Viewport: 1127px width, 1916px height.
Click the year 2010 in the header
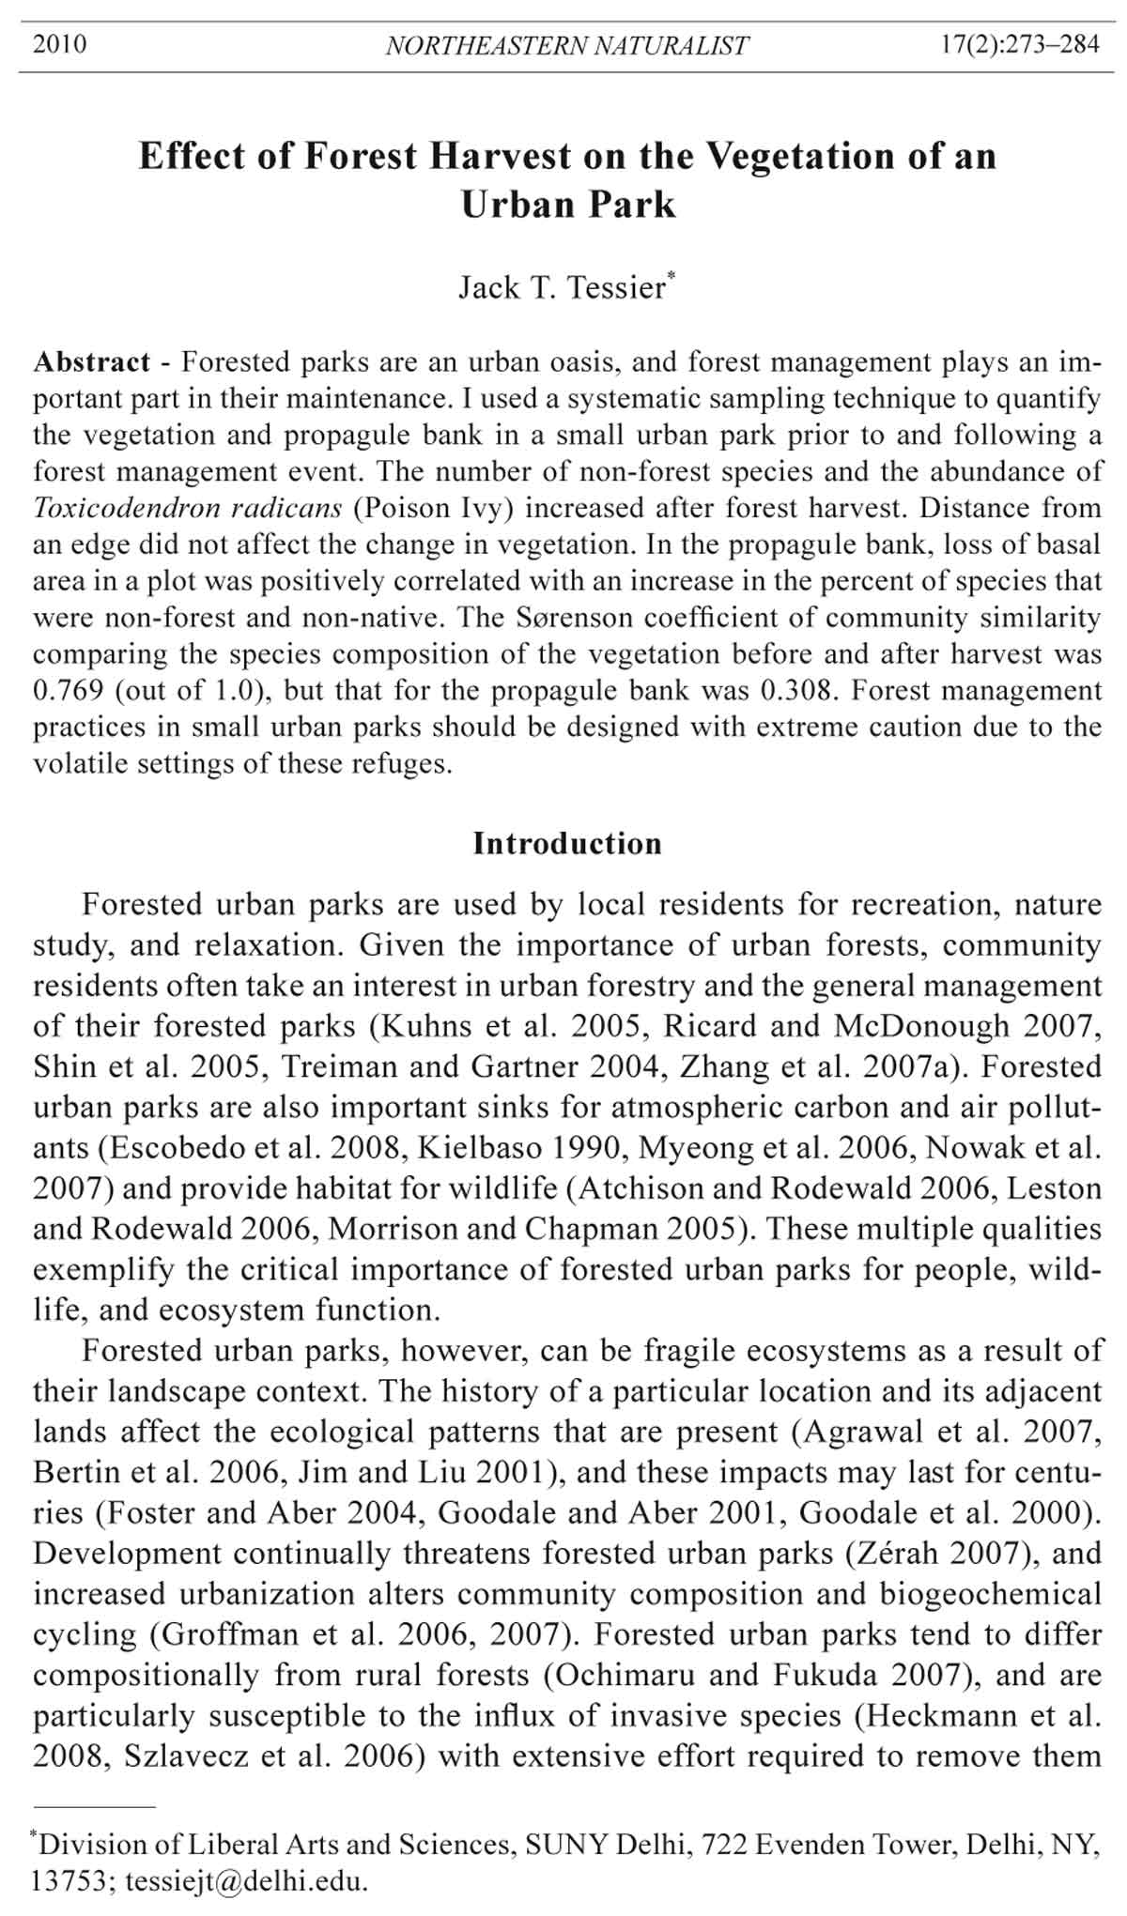tap(59, 44)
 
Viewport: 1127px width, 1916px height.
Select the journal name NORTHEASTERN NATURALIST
tap(567, 45)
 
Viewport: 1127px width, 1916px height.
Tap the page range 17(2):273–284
tap(1020, 44)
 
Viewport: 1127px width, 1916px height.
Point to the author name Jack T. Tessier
tap(562, 287)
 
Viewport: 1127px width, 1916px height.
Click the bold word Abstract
tap(91, 362)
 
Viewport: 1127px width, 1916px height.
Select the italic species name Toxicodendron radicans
tap(188, 508)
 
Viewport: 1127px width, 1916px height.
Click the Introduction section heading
tap(567, 843)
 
